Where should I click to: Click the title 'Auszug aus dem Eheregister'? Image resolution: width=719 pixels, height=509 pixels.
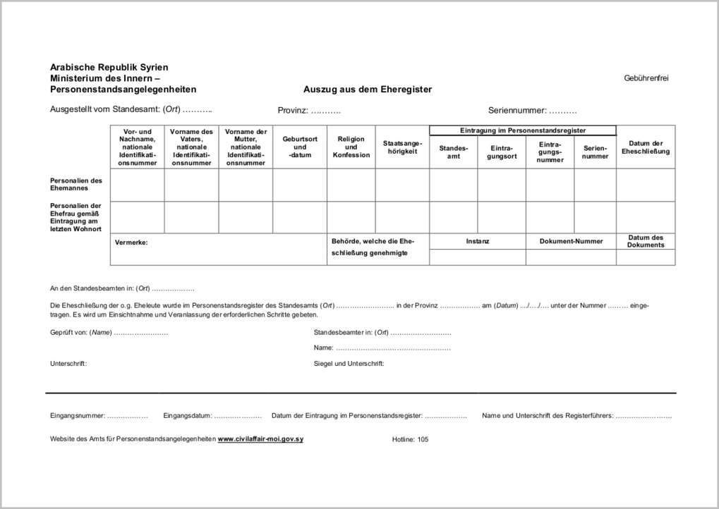point(367,90)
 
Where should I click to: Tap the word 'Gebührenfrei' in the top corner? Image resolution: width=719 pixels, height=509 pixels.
point(646,78)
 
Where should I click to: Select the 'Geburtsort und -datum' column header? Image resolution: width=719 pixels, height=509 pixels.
point(300,147)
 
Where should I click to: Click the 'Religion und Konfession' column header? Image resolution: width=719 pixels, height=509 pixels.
point(351,147)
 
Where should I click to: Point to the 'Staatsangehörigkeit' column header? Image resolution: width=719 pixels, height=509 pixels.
point(402,147)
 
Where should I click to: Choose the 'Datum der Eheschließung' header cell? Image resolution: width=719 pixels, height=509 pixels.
point(646,147)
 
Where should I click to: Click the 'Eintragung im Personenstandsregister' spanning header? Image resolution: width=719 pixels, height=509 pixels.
point(523,130)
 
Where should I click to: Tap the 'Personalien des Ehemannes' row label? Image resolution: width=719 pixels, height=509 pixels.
point(76,184)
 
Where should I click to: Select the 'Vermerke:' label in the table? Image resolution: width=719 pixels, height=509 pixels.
point(131,242)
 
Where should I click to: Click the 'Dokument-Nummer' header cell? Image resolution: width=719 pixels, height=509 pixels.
point(571,241)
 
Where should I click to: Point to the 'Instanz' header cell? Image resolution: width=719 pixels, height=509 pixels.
point(477,241)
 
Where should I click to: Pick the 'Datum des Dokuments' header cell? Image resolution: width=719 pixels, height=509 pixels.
point(646,241)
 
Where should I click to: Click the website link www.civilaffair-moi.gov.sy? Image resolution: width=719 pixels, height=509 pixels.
point(260,439)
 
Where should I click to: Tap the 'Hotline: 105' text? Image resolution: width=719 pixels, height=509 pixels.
point(410,439)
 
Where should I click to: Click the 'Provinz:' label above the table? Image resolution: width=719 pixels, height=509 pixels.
point(294,111)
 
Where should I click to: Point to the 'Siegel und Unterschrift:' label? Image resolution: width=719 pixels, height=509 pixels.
point(349,364)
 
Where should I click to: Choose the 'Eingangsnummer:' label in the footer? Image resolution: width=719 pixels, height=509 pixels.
point(78,416)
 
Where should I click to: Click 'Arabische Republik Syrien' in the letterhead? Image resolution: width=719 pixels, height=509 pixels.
point(109,67)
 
